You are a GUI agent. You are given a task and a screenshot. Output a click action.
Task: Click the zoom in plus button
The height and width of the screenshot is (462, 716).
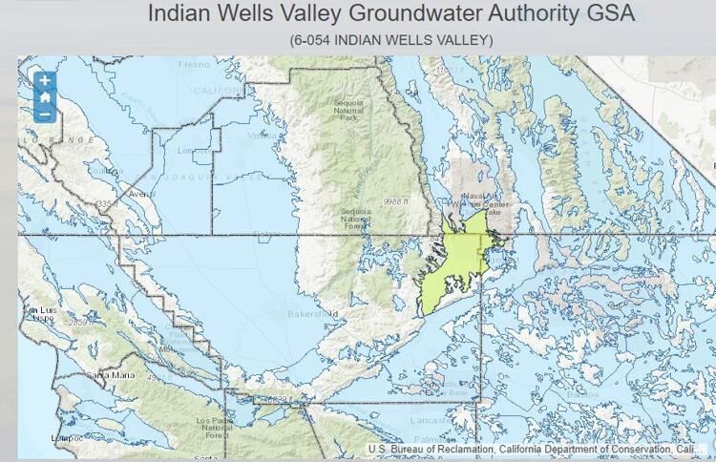(x=44, y=81)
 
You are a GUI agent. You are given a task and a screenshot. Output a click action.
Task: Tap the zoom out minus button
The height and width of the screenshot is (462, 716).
(x=44, y=114)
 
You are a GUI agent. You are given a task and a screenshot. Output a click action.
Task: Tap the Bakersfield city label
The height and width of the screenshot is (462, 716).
(x=313, y=313)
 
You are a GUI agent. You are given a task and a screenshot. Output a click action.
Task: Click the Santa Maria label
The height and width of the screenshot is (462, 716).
(x=107, y=375)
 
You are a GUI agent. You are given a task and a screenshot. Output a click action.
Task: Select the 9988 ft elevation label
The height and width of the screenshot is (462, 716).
(x=390, y=202)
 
